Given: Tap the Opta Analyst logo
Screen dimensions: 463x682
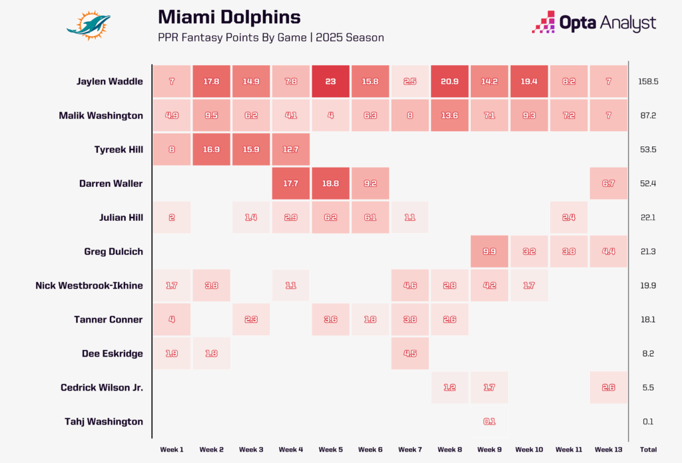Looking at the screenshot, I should [x=594, y=23].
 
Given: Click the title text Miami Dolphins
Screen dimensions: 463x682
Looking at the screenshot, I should [x=229, y=17].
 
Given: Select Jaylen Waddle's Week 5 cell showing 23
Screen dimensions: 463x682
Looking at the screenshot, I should [x=331, y=81].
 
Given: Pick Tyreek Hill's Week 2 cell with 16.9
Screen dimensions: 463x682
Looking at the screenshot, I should [x=211, y=150].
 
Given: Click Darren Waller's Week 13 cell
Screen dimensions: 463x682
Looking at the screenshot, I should [x=608, y=184].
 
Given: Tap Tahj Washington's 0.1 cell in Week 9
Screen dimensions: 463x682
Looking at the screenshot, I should [x=490, y=421].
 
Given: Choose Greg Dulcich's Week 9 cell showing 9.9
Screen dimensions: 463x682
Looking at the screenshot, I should [x=490, y=251].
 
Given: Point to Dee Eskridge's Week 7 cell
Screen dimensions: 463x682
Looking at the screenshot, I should [x=410, y=353].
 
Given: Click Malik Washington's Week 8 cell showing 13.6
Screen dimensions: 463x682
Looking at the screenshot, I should [x=450, y=115].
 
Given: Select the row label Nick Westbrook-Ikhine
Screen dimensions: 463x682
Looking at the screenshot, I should [x=89, y=285].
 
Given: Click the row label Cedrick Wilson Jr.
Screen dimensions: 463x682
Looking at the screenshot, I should [x=101, y=387].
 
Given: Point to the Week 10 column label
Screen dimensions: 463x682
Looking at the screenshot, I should [x=529, y=450].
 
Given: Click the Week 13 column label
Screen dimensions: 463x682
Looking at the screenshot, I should [x=608, y=450].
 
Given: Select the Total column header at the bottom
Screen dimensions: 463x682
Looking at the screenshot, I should [x=648, y=450].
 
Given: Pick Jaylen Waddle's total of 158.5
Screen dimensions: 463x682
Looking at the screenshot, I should [x=648, y=81].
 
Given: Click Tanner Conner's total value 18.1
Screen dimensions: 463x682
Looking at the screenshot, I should [x=648, y=319].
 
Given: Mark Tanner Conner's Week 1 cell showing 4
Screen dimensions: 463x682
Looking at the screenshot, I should [x=171, y=319].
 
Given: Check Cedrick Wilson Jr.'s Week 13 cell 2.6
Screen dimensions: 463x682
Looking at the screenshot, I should [x=608, y=387].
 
